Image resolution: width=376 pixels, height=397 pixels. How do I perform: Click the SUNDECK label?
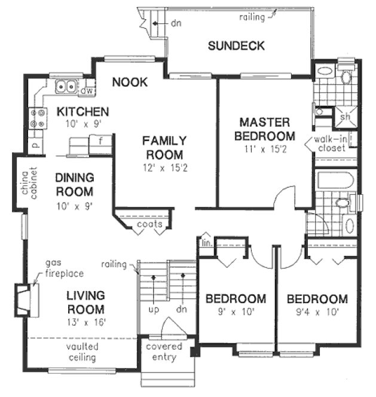(236, 47)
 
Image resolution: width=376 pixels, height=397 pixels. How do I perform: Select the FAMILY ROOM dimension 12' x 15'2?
(164, 169)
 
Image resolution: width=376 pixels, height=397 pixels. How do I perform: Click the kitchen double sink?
(66, 87)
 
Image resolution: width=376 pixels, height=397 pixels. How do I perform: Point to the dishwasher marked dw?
(86, 91)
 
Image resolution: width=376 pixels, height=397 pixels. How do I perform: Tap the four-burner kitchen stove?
(37, 117)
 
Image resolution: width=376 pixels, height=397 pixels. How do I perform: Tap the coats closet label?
(149, 224)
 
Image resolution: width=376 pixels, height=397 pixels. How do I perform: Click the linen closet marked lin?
(206, 242)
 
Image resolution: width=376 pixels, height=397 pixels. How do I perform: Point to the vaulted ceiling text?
(82, 352)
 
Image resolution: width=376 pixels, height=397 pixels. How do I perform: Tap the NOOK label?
(130, 82)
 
